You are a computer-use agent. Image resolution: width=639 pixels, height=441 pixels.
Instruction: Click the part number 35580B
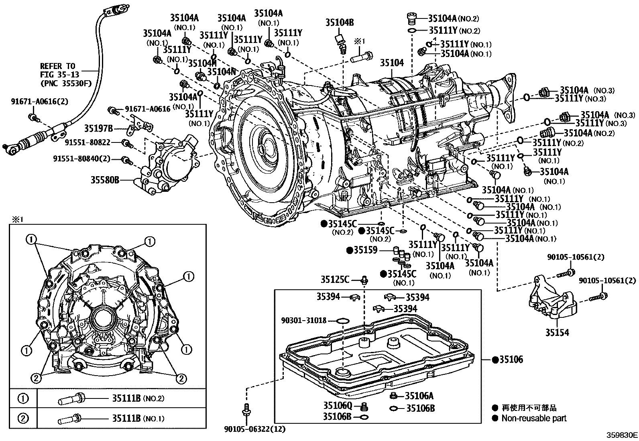(x=105, y=180)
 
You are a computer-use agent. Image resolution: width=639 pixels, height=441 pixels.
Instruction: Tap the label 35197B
(x=98, y=128)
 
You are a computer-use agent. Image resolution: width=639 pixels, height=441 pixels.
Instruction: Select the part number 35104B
(x=340, y=22)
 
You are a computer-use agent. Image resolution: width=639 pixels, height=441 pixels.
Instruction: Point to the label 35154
(x=557, y=332)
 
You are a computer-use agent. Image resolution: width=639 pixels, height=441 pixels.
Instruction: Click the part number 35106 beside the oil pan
(x=511, y=360)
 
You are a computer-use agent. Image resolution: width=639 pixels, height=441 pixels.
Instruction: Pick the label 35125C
(x=335, y=279)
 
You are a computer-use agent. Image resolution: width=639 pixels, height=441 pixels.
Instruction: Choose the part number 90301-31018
(x=304, y=320)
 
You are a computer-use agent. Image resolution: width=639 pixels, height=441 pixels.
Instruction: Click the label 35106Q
(x=338, y=405)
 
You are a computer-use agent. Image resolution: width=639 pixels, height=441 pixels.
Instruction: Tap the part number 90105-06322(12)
(x=255, y=429)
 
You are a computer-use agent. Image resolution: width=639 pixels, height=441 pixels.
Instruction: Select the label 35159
(x=365, y=250)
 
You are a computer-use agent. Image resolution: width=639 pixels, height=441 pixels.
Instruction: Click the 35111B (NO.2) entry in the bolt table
(x=138, y=398)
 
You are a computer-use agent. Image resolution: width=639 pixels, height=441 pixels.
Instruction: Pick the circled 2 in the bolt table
(x=23, y=419)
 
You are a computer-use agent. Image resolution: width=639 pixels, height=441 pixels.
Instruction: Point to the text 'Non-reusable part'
(x=534, y=418)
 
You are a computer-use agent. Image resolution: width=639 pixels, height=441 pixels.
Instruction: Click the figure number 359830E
(x=622, y=435)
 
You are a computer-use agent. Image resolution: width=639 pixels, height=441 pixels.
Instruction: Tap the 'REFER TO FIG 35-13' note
(x=59, y=70)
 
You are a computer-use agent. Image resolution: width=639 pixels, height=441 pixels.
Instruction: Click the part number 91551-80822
(x=87, y=142)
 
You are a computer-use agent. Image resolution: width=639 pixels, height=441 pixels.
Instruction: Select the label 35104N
(x=222, y=71)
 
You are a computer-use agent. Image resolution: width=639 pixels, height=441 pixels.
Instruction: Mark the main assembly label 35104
(x=392, y=63)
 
